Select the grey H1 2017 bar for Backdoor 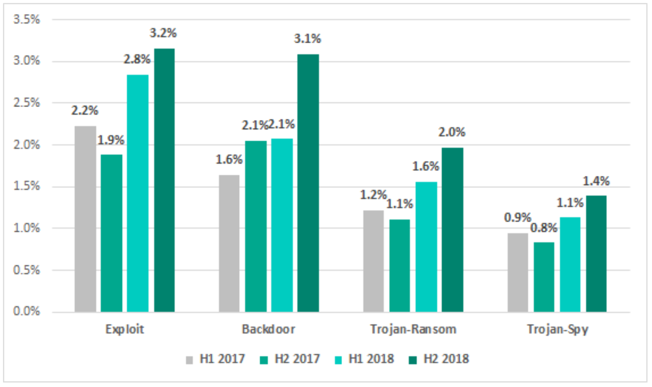pos(230,243)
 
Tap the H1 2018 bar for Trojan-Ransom pos(426,247)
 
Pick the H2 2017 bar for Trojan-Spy pos(544,277)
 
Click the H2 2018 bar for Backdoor pos(308,183)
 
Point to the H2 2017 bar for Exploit pos(112,233)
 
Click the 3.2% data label pos(163,34)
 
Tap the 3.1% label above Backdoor pos(307,39)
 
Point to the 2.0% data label pos(452,133)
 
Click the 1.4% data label pos(596,181)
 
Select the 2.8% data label pos(137,59)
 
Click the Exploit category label pos(125,330)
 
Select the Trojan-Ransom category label pos(413,330)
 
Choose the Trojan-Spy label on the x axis pos(557,330)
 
